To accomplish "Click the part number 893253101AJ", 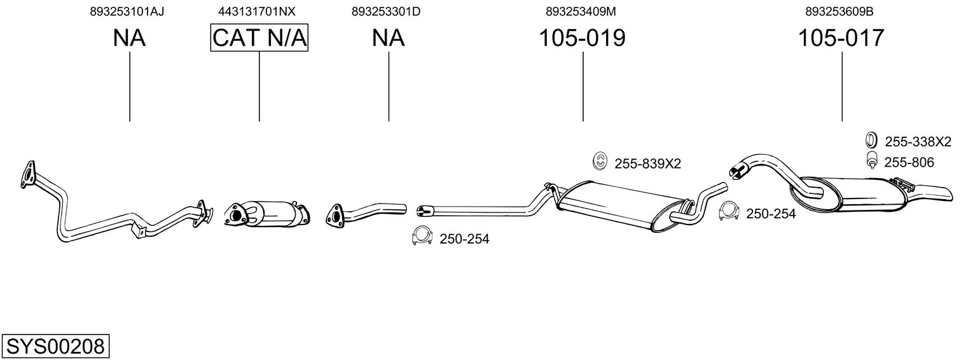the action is click(127, 11).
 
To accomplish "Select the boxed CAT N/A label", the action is click(259, 38).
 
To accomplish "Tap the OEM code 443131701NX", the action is click(257, 11).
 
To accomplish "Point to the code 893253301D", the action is click(386, 11).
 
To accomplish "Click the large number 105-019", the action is click(582, 38).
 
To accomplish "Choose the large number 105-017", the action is click(841, 38).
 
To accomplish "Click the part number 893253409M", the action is click(581, 11).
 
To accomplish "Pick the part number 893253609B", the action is click(839, 11).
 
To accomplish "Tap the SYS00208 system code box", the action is click(55, 346).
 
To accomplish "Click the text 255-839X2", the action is click(647, 163).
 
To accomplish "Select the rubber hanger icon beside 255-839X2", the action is click(600, 162).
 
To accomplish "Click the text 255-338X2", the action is click(918, 142).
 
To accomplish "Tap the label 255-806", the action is click(909, 162).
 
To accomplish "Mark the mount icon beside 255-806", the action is click(871, 160).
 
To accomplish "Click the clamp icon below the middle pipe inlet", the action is click(422, 236).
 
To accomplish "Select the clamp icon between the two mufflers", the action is click(729, 211).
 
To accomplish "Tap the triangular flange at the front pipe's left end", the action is click(28, 174).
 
